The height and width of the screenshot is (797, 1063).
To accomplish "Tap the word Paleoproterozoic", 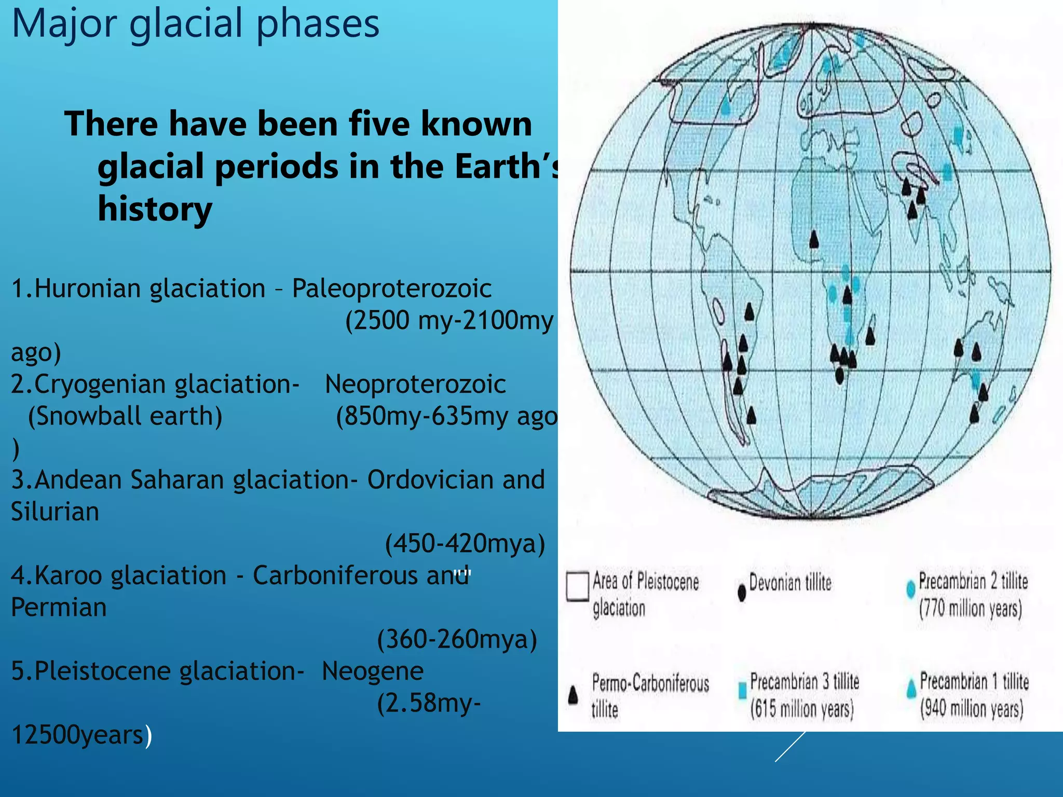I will coord(392,288).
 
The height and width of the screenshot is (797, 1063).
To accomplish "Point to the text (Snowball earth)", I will coord(125,416).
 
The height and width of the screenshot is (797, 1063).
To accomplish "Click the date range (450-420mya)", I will coord(465,544).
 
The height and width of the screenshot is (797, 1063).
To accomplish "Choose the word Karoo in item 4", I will coord(69,576).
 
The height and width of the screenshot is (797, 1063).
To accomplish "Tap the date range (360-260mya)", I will coord(457,639).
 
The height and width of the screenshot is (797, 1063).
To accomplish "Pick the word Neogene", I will coord(373,671).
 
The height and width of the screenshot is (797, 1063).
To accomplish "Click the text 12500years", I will coord(77,735).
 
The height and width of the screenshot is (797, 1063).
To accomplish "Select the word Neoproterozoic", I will coord(415,384).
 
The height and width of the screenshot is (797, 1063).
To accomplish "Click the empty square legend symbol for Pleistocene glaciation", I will coord(577,586).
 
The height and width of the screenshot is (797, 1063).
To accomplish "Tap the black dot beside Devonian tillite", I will coord(742,593).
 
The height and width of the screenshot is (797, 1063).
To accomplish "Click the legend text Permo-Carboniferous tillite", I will coord(650,695).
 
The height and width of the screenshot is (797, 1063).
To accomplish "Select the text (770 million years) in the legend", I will coord(970,609).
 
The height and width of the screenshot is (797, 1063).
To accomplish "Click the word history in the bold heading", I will coord(155,209).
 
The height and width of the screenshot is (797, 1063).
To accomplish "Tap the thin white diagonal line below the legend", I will coord(790,747).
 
